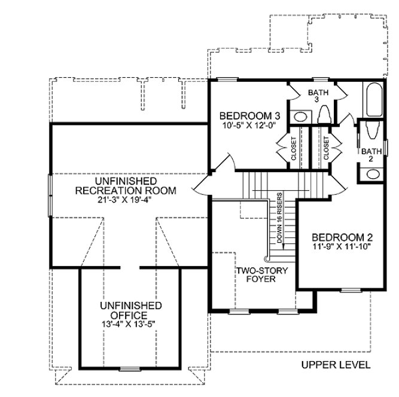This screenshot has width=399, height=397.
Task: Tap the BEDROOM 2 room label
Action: [x=339, y=236]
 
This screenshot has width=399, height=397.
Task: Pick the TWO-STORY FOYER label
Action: [x=261, y=274]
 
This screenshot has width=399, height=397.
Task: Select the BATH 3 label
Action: [x=317, y=96]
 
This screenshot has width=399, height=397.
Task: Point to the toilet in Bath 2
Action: [x=368, y=133]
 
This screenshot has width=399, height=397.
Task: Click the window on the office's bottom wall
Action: [x=129, y=368]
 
